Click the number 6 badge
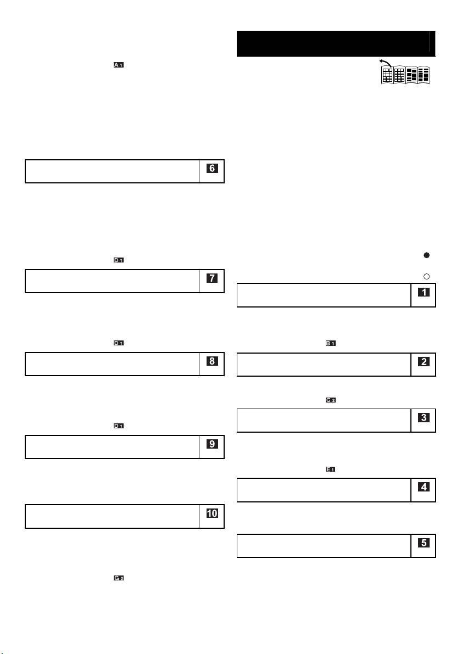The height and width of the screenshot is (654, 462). coord(212,169)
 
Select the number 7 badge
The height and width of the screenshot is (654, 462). coord(212,278)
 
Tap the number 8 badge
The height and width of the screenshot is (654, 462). coord(212,361)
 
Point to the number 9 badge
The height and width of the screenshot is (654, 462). coord(212,444)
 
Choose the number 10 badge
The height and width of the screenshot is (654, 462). coord(212,514)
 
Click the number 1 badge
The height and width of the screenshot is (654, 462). coord(424,293)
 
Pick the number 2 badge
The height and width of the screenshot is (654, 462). coord(424,362)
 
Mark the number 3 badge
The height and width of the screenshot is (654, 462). coord(424,417)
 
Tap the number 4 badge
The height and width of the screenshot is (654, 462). coord(424,487)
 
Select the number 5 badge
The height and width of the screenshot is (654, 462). coord(424,543)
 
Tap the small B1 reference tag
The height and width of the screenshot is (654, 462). coord(331,343)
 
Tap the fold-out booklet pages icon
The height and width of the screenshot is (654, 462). coord(406,75)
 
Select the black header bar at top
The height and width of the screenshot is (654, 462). coord(336,44)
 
